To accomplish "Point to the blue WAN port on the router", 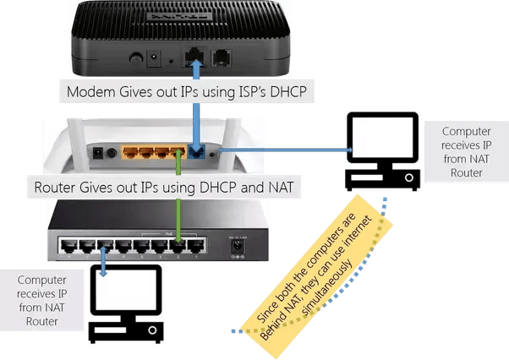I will pyautogui.click(x=199, y=154).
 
